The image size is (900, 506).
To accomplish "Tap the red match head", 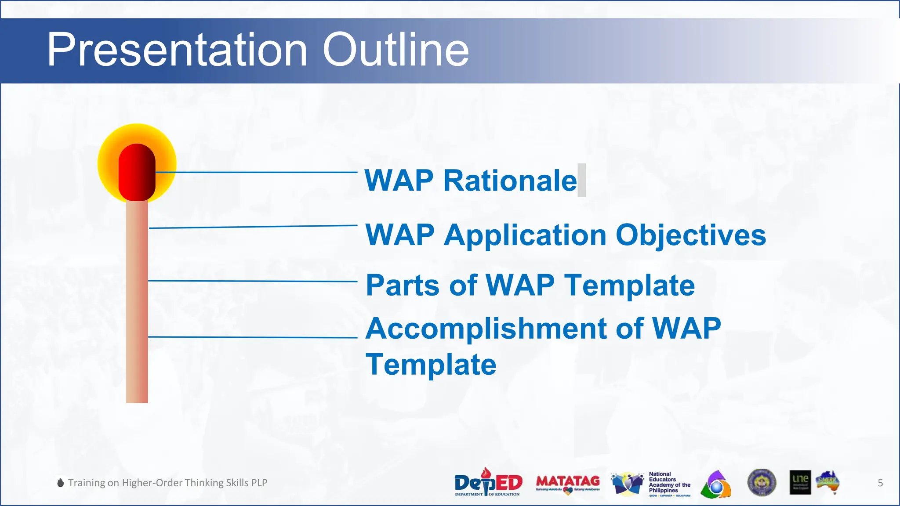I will click(137, 172).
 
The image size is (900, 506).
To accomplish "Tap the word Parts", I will click(403, 286).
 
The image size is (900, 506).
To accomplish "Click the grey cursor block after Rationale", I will click(581, 180).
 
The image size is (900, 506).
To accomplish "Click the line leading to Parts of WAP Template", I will click(253, 281).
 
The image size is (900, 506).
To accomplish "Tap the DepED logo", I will click(488, 483).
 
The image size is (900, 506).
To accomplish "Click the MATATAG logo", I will click(568, 483).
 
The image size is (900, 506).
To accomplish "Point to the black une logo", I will click(800, 482).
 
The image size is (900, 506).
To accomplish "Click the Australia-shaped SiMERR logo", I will click(828, 482).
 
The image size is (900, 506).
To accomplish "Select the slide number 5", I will click(880, 483).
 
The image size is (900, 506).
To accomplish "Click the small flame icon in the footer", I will click(61, 483).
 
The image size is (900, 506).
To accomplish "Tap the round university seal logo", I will click(762, 482).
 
